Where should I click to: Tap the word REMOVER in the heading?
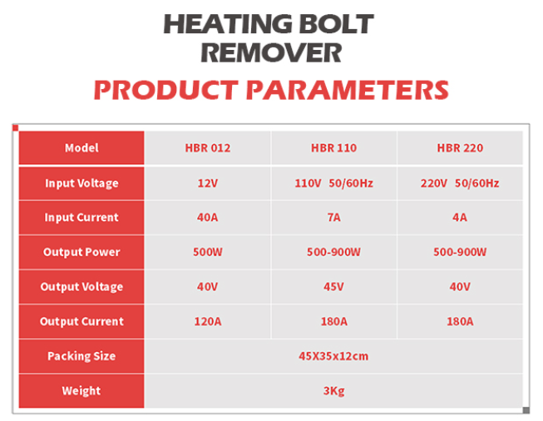click(271, 52)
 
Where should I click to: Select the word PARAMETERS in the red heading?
click(348, 90)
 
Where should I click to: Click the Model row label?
click(81, 148)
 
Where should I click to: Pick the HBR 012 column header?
click(208, 148)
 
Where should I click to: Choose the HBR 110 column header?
click(333, 148)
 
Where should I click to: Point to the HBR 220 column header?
click(460, 148)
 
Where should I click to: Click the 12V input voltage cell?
click(208, 183)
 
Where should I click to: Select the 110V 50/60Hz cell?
click(333, 183)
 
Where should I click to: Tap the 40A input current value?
click(208, 217)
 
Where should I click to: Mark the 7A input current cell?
click(333, 217)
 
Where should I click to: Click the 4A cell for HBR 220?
click(460, 217)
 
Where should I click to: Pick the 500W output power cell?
click(208, 252)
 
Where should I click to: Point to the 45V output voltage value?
click(333, 286)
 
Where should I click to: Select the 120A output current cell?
click(208, 321)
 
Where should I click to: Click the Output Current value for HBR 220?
click(460, 321)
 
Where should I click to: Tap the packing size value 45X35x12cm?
click(333, 356)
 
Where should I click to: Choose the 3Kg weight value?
click(333, 391)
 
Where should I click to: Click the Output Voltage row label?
click(81, 287)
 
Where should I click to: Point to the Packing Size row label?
click(81, 356)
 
